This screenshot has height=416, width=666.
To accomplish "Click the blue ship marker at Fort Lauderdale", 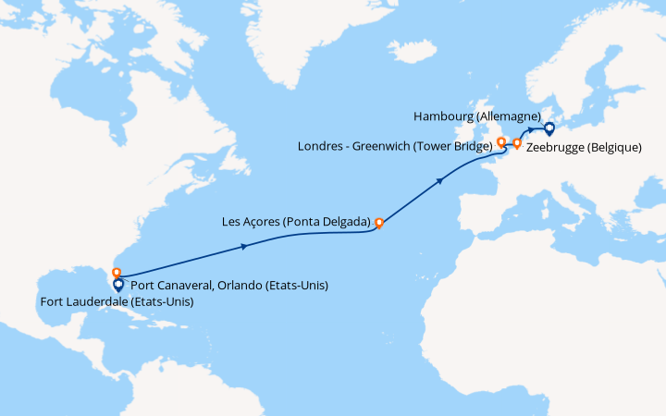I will pos(118,286).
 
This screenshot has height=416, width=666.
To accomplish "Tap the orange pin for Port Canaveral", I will pos(117,273).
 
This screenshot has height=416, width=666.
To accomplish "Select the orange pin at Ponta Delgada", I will pos(378,223).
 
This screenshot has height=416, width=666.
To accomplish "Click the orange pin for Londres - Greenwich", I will pos(500,142).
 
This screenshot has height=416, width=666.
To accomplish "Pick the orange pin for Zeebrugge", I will pos(517,143).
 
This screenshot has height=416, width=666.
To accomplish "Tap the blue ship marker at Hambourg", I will pos(549,128).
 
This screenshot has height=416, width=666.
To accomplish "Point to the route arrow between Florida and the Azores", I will pos(243,246).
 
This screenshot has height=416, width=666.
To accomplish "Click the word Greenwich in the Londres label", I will pos(382,145).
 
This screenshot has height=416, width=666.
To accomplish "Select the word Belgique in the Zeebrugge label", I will pos(612,147).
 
